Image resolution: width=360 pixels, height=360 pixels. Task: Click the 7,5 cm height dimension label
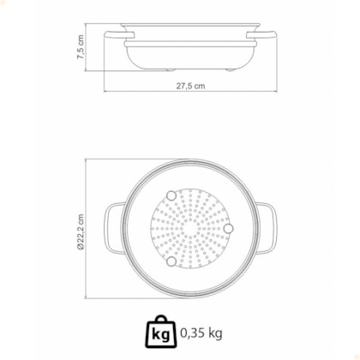coord(81,47)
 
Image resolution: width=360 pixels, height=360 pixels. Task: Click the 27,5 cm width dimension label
coord(190,86)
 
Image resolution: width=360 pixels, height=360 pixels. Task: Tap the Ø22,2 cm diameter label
coord(81,232)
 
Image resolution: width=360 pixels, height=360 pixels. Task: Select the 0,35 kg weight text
coord(201,333)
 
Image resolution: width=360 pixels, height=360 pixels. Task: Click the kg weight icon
coord(161,332)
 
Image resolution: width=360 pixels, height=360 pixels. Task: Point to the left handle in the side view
coord(119,35)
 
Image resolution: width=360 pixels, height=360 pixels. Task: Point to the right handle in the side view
coord(261,35)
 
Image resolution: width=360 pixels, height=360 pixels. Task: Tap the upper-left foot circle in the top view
coord(171,195)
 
